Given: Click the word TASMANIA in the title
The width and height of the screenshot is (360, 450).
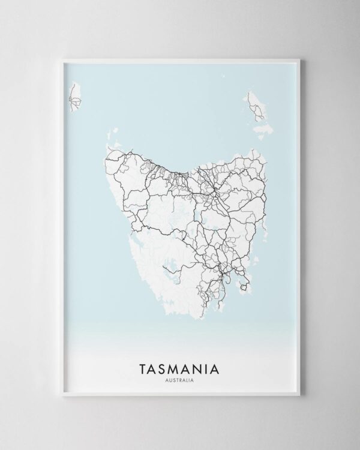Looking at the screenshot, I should pos(180,367).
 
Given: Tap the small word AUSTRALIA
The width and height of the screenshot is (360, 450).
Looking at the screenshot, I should pos(180,379).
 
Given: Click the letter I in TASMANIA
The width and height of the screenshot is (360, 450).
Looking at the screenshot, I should pos(210,367).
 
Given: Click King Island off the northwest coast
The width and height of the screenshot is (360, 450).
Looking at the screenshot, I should pos(75,98).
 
